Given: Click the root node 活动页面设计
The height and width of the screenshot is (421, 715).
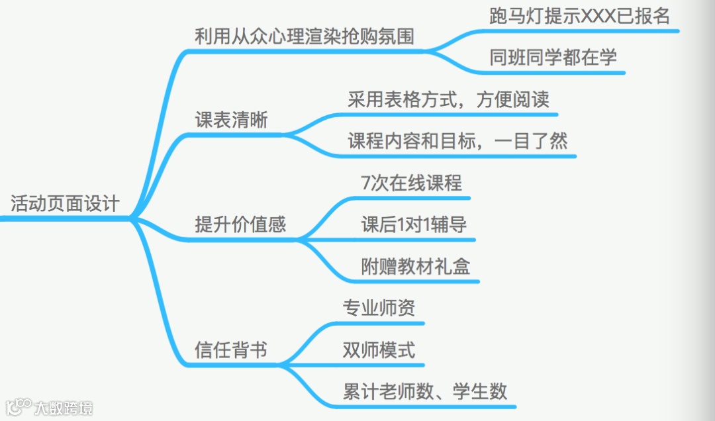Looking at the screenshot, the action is point(65,203).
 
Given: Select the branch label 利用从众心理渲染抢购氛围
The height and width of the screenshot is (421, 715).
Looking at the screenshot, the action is point(305,36).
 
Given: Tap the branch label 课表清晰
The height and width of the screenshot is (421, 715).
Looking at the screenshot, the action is point(231,121).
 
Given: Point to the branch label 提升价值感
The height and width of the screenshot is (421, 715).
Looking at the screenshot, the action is point(240,224).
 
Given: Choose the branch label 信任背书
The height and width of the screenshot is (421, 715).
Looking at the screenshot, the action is point(231,349).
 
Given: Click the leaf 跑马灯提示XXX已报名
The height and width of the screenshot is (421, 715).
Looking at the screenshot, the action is point(580,17).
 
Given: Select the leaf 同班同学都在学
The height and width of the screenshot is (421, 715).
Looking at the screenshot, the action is point(553,58).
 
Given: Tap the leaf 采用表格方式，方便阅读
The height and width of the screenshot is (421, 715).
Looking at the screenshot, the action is point(448,100).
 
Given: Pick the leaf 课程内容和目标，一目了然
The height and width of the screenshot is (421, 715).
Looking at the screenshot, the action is point(457,141).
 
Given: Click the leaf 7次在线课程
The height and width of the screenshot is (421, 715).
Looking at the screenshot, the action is point(412,183).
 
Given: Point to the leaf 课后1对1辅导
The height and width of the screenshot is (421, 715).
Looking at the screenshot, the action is point(414,224).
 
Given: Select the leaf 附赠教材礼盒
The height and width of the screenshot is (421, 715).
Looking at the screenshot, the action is point(416,267).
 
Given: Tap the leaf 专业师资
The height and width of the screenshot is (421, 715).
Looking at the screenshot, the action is point(379,308).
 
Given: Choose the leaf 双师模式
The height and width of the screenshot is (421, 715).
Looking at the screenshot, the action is point(379,349).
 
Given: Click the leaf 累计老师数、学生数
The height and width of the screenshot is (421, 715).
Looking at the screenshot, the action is point(425,391).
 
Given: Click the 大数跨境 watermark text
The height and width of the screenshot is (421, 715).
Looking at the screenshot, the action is point(64,408).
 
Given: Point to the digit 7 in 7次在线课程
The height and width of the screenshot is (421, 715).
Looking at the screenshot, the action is point(366,183).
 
